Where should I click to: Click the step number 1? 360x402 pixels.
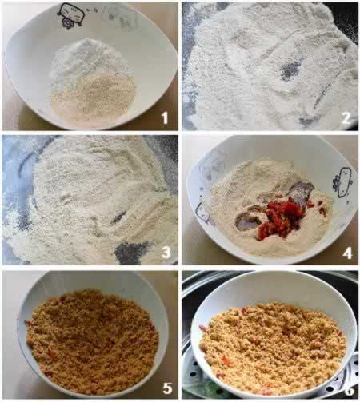(165, 117)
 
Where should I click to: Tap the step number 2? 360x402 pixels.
(346, 118)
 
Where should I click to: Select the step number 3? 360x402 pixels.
(166, 252)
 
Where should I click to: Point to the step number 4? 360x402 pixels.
(347, 253)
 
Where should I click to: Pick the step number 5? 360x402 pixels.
(167, 388)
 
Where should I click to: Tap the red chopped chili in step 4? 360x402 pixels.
(282, 217)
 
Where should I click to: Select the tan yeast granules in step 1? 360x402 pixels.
(94, 100)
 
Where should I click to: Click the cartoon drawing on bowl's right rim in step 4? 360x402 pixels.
(343, 182)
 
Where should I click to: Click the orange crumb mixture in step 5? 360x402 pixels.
(92, 341)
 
